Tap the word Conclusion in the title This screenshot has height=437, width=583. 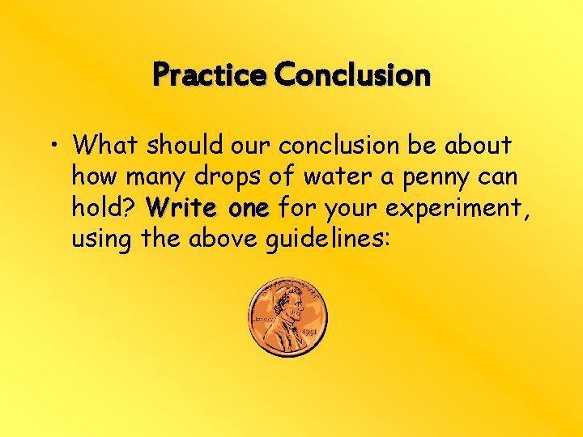[x=352, y=75]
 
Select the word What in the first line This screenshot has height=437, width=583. [x=101, y=146]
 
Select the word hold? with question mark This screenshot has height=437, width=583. [x=102, y=208]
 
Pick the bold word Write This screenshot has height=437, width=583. [x=181, y=208]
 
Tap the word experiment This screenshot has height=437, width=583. [x=457, y=209]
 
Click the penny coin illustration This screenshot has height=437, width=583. [x=288, y=318]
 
